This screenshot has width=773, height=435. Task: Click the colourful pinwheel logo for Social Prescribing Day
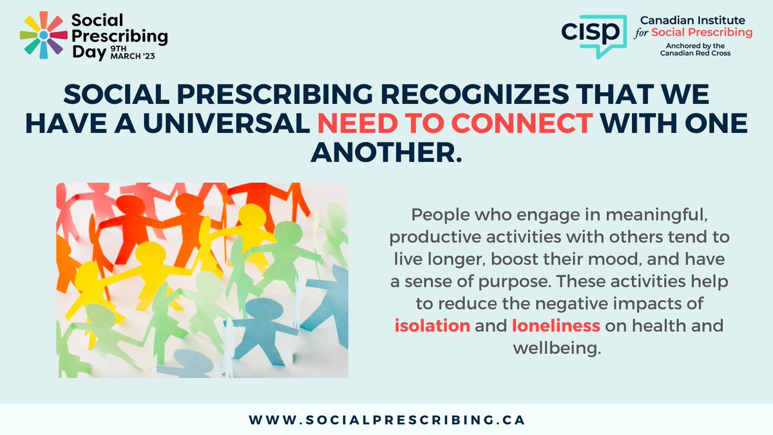43,35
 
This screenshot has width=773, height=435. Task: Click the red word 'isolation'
432,326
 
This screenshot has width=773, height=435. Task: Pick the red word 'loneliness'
556,326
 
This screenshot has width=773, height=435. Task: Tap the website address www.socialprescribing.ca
386,420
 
